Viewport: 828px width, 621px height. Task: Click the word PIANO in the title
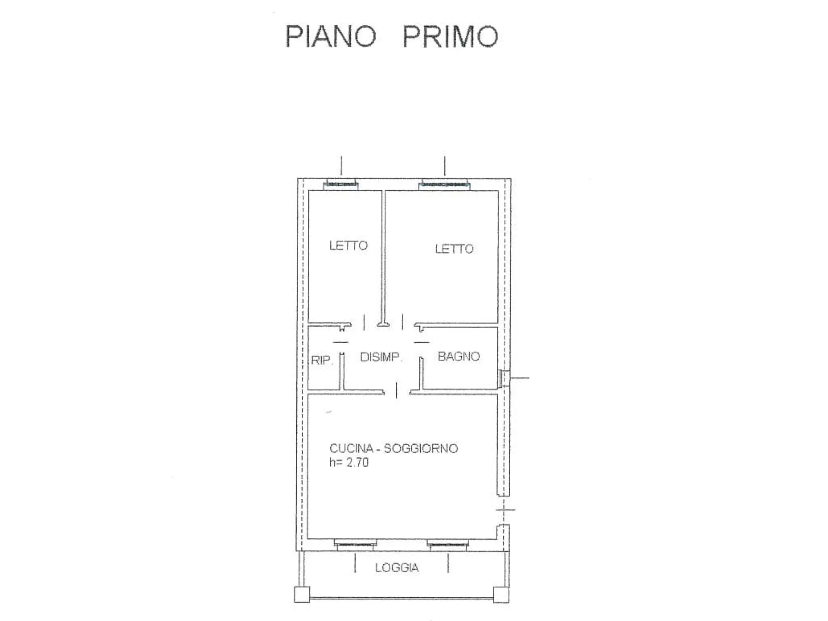point(331,36)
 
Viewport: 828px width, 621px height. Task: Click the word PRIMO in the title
point(451,36)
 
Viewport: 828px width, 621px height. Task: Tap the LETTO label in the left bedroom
point(348,245)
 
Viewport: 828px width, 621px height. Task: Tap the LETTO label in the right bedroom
point(454,249)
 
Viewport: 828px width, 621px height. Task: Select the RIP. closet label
point(322,360)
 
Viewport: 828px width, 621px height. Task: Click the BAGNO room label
point(458,356)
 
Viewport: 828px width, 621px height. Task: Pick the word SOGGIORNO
point(421,448)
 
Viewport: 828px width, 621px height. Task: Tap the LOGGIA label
point(397,568)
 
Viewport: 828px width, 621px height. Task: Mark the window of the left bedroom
point(341,185)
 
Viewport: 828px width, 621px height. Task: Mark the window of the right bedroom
point(445,185)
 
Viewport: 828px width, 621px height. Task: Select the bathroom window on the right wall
point(504,378)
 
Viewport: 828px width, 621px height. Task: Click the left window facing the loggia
point(355,544)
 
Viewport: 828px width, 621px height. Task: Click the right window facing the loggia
point(448,544)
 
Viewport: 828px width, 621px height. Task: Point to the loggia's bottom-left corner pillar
point(302,595)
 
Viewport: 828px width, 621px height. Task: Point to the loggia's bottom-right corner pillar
point(502,595)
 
